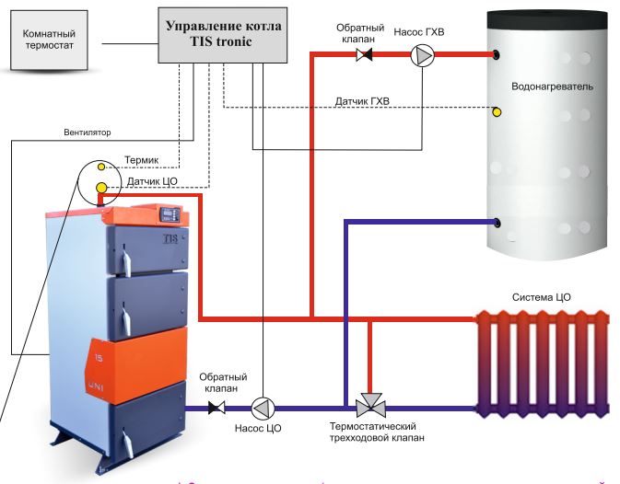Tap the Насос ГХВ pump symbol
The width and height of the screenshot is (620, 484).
click(421, 55)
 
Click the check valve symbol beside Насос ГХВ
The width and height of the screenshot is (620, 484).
click(365, 55)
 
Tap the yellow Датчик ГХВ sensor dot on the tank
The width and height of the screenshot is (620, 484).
click(497, 112)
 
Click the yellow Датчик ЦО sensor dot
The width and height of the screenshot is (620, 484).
click(101, 189)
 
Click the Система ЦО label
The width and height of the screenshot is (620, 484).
click(542, 298)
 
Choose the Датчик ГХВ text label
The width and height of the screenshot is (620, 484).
click(361, 98)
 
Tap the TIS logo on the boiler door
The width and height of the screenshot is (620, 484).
click(170, 238)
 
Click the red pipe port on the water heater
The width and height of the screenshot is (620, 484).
click(497, 55)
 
